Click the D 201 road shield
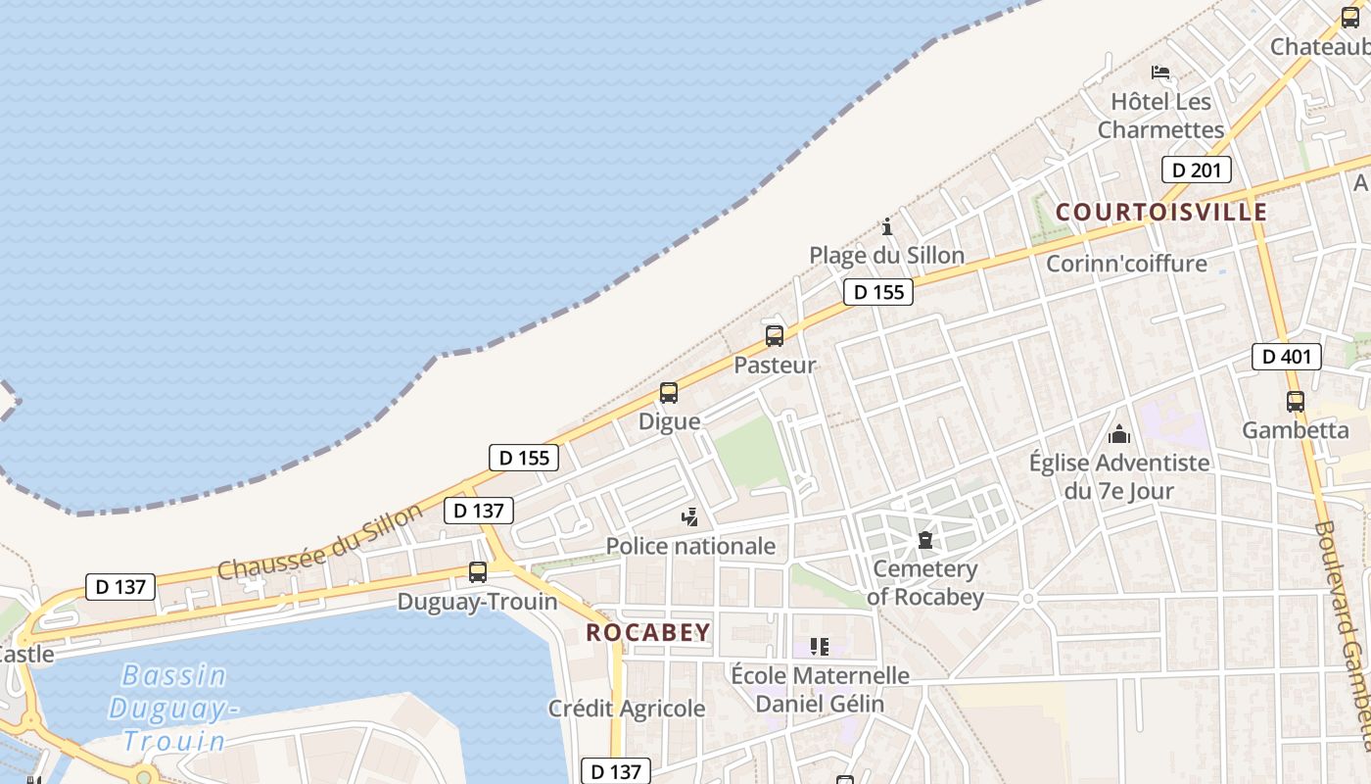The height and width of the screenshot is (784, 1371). (x=1196, y=170)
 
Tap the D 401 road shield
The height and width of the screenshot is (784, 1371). (x=1286, y=357)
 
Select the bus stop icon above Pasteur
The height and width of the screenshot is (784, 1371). (x=775, y=336)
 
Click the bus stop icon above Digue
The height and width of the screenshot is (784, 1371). (x=669, y=393)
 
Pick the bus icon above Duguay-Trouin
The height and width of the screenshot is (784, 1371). (x=478, y=572)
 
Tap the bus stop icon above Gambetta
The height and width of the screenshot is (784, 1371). (x=1296, y=401)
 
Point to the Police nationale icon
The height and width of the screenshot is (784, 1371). (x=690, y=516)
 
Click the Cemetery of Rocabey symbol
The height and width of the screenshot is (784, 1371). (x=924, y=539)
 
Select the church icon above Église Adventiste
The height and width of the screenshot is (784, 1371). (x=1119, y=433)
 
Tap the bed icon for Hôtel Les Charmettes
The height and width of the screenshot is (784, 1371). (x=1160, y=72)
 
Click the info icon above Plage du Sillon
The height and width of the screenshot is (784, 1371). (x=887, y=226)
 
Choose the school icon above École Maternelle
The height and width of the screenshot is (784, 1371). (x=820, y=647)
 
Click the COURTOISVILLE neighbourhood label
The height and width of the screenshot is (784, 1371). (x=1161, y=213)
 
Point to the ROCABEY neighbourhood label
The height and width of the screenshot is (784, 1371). (x=648, y=633)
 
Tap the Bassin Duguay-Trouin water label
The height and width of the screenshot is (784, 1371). (x=173, y=708)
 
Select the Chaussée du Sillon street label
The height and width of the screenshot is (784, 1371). (x=320, y=541)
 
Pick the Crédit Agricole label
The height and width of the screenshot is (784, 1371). (x=627, y=709)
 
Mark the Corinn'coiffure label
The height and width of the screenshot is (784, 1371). (x=1126, y=264)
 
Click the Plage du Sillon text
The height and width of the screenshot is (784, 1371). (x=886, y=256)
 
